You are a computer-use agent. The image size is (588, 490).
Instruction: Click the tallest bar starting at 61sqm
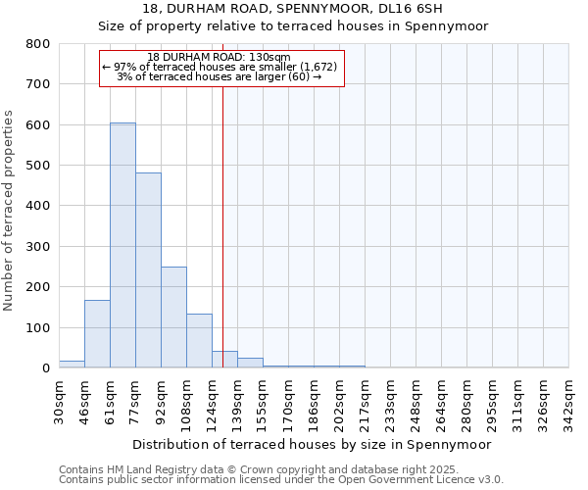122,245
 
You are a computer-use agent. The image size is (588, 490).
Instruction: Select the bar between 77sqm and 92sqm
148,270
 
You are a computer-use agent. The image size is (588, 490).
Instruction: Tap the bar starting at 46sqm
97,333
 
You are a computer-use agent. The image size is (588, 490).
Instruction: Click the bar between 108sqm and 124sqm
199,340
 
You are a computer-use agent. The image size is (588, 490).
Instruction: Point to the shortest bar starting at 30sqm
72,364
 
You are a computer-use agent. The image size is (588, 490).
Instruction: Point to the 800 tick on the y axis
38,44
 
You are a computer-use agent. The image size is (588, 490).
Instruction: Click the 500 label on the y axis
38,166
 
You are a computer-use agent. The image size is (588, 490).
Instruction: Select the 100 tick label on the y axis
38,327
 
